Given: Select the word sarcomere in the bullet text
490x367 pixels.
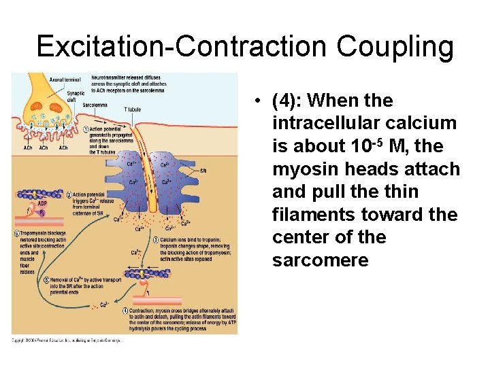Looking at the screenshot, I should (320, 260).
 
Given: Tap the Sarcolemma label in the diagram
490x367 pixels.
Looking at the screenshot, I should (76, 106).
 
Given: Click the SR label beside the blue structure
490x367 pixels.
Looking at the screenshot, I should (203, 170).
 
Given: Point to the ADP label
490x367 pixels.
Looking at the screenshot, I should (42, 202).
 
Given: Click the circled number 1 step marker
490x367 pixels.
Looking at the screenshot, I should (85, 129).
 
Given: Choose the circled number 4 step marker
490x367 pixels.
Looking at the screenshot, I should (125, 311).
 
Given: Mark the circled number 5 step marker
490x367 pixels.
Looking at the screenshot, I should (46, 279).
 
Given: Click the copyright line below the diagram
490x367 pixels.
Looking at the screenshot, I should (66, 340).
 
